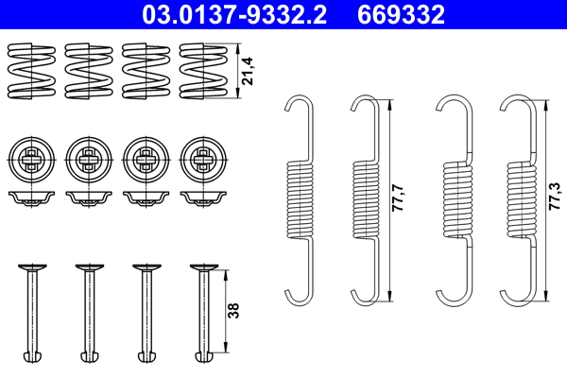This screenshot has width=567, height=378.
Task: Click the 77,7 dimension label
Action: coord(401,200)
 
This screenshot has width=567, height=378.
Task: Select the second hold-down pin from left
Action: coord(87,313)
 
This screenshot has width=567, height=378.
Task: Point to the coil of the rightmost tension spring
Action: coord(524,199)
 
